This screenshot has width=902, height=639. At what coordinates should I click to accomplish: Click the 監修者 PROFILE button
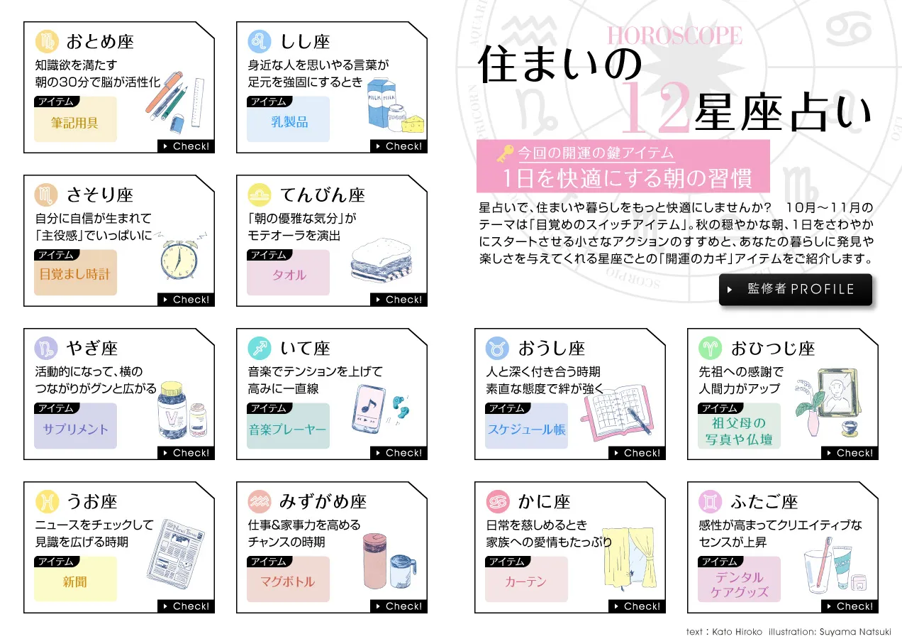point(796,289)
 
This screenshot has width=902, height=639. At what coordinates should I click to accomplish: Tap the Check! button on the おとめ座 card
point(186,146)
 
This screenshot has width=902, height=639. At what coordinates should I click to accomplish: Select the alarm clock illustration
point(179,259)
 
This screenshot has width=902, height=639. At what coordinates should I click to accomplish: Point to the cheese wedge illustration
point(412,124)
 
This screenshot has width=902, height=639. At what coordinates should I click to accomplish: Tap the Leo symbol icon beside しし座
point(260,41)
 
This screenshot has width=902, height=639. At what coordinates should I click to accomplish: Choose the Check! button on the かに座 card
point(637,606)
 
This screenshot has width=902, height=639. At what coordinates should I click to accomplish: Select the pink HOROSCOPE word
point(675,35)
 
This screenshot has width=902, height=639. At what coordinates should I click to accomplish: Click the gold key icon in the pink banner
point(506,153)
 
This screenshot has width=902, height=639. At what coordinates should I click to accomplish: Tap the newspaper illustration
point(176,554)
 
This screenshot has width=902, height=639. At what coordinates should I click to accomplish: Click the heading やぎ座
point(92,348)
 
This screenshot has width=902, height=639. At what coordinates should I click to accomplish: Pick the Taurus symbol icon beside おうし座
point(497,349)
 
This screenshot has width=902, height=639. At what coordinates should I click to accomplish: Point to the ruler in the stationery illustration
point(198,102)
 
